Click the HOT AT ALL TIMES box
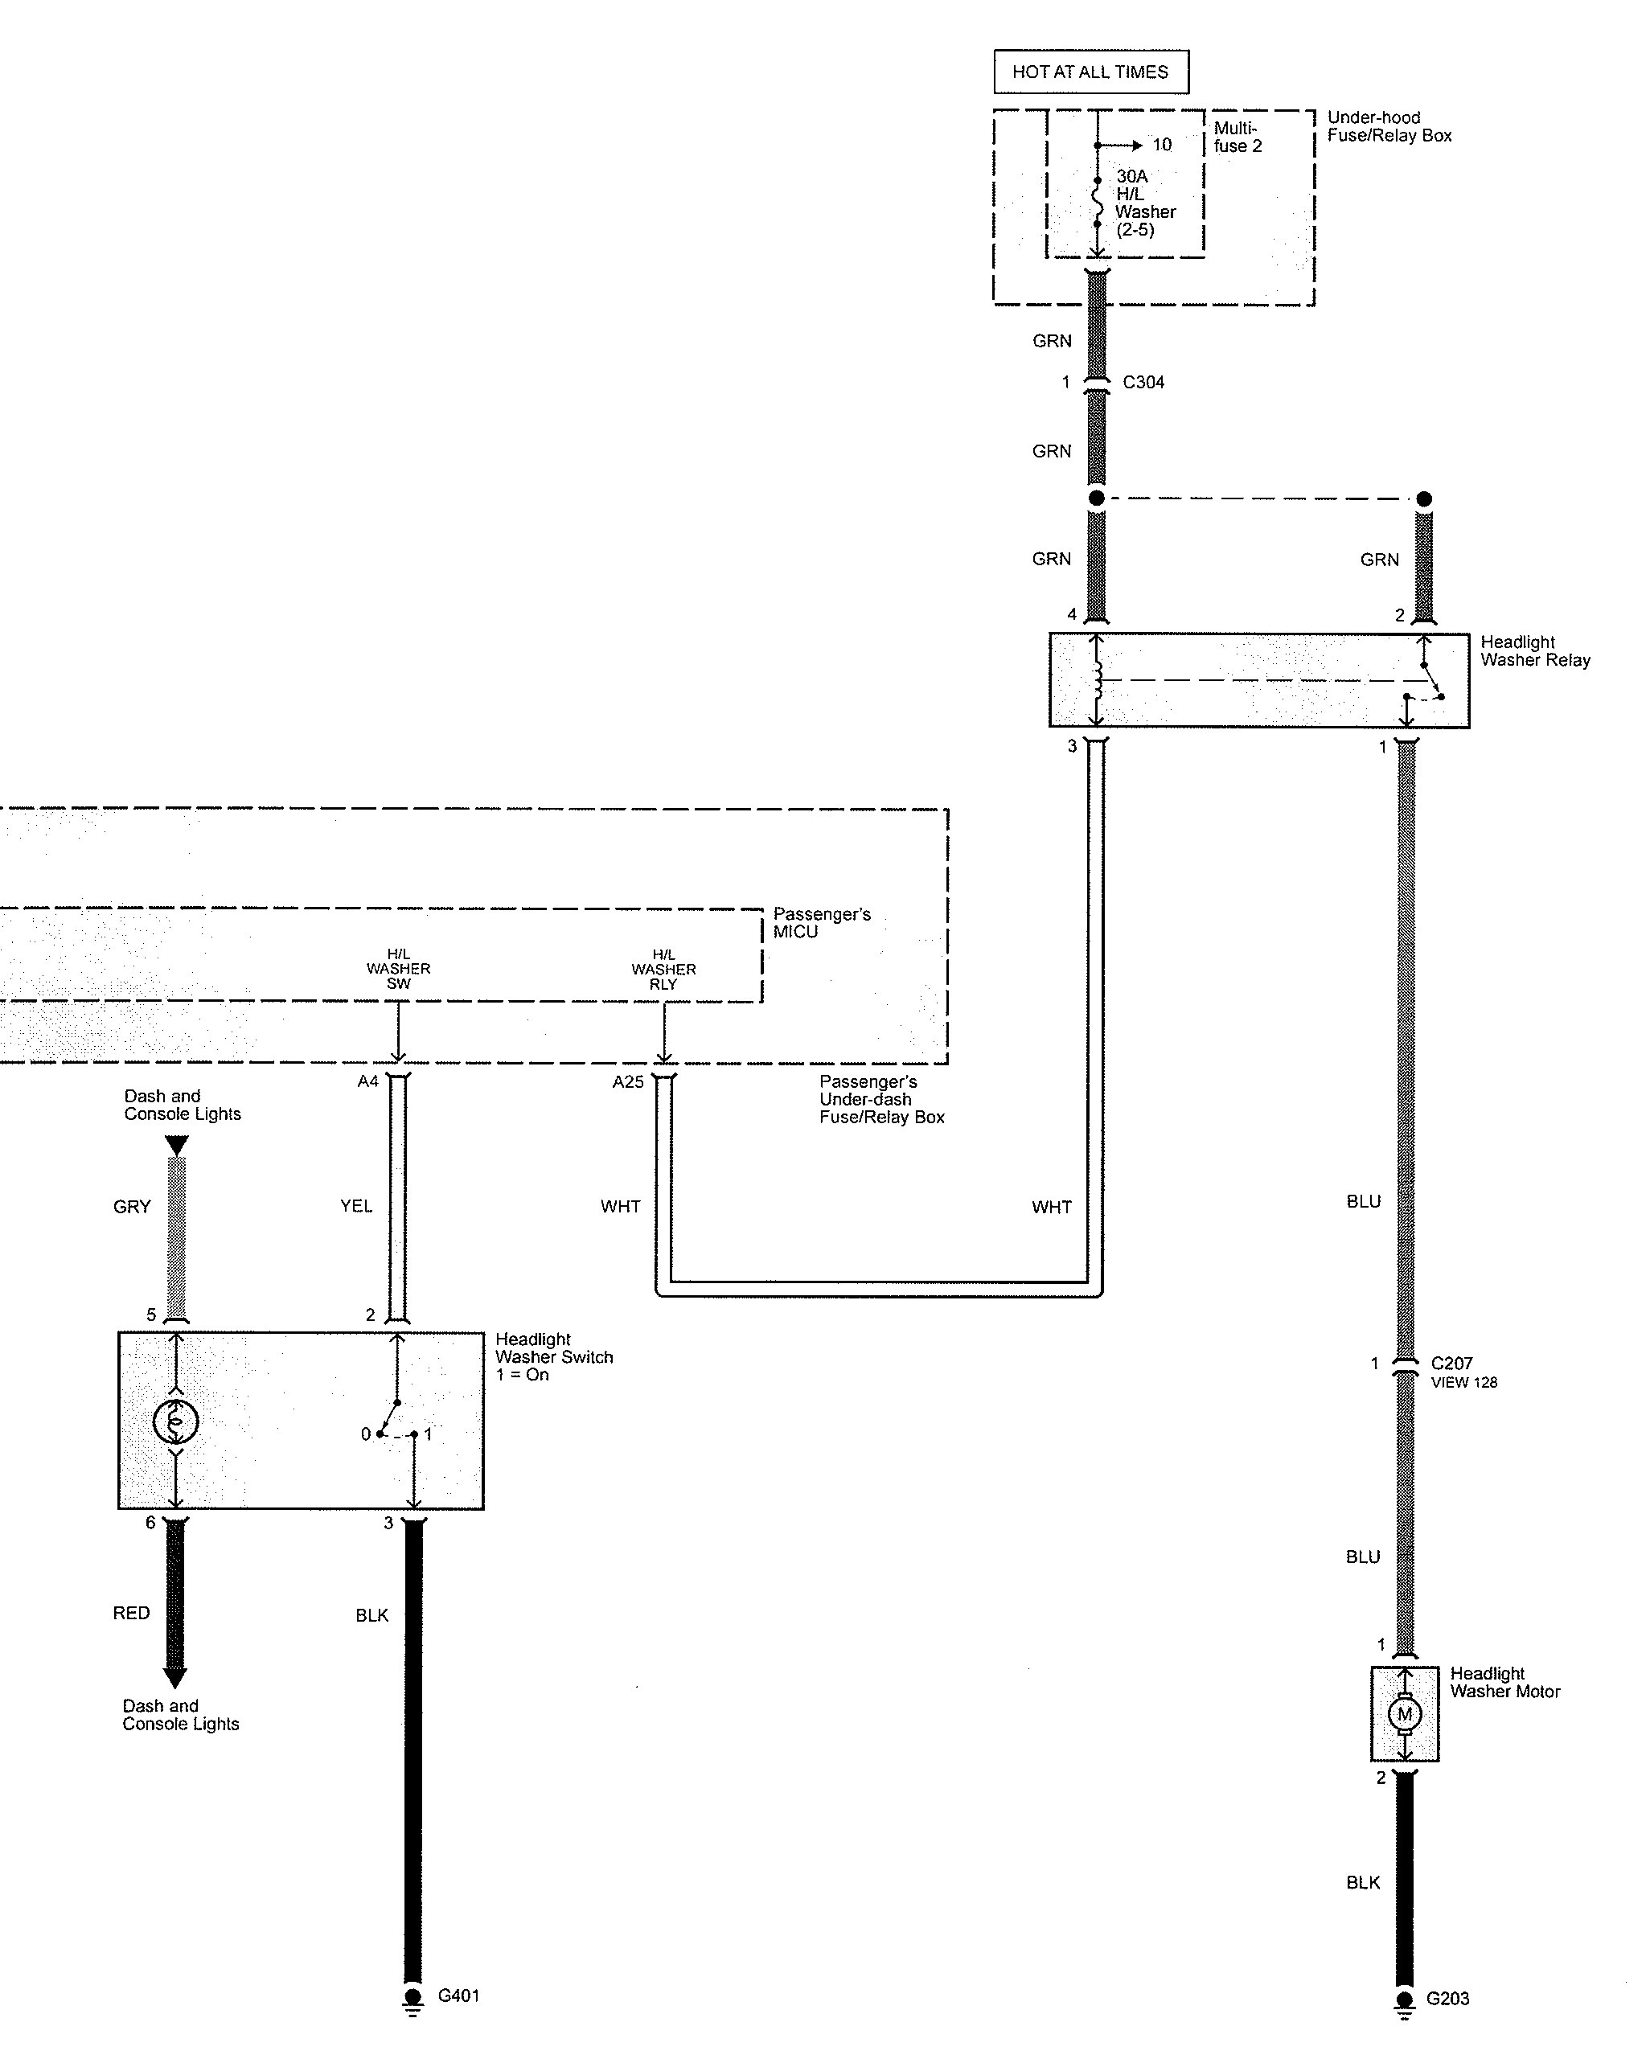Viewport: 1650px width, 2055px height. [1090, 72]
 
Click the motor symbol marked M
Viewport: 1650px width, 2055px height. [1403, 1714]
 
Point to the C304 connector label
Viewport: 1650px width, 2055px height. [1143, 382]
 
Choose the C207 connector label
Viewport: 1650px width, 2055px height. [1451, 1363]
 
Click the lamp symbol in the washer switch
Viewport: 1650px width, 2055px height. [175, 1422]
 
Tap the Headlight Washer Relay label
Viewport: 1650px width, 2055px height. [1535, 651]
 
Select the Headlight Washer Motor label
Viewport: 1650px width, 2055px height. [1504, 1682]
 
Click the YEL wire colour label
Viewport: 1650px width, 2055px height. [356, 1206]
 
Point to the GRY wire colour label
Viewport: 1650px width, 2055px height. [132, 1207]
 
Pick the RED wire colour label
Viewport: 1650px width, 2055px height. [132, 1613]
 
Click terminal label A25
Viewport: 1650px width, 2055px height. [628, 1082]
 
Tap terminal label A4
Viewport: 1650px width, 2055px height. [368, 1081]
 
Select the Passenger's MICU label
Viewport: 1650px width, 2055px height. [821, 923]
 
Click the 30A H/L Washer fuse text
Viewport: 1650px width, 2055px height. [1145, 202]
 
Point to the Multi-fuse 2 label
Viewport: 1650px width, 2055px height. [1237, 137]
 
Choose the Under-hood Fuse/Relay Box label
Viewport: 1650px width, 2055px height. [1389, 125]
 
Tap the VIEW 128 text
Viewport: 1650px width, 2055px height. [1463, 1382]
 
